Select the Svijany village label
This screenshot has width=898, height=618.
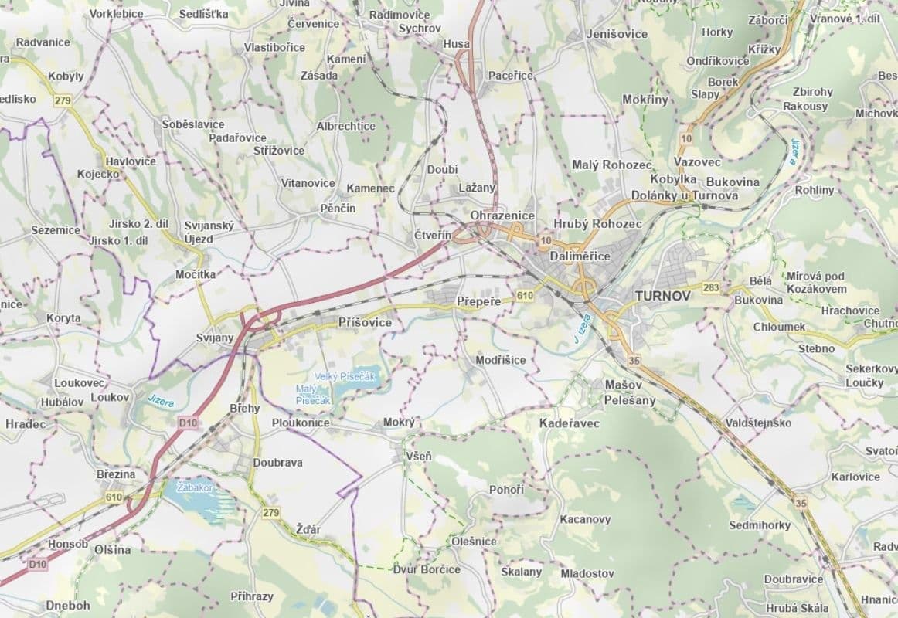215,338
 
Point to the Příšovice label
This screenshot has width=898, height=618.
365,322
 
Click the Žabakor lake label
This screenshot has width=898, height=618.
194,488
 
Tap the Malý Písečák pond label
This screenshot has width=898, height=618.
314,394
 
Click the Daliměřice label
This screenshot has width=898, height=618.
580,256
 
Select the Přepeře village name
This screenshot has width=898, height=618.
479,301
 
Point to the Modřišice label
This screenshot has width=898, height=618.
501,360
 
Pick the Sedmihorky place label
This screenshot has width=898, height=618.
760,525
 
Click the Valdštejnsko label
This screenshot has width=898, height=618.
758,423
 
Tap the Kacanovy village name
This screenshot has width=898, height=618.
585,519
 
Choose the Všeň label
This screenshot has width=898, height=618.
419,457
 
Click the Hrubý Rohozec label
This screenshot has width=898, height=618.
597,223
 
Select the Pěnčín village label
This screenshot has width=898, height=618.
338,209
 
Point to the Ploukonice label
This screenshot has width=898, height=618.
301,423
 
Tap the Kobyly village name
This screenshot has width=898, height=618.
66,76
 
